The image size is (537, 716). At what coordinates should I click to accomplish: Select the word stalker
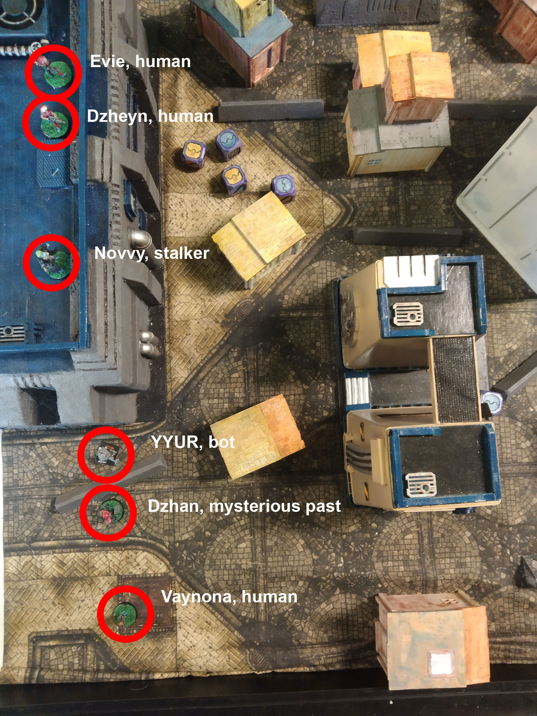click(x=181, y=253)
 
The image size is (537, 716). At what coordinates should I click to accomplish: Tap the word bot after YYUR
click(x=222, y=442)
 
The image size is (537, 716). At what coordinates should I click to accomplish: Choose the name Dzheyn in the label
click(x=117, y=116)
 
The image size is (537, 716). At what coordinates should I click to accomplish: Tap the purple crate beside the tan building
click(x=492, y=401)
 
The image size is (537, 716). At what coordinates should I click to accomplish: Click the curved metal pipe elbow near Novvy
click(x=140, y=238)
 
